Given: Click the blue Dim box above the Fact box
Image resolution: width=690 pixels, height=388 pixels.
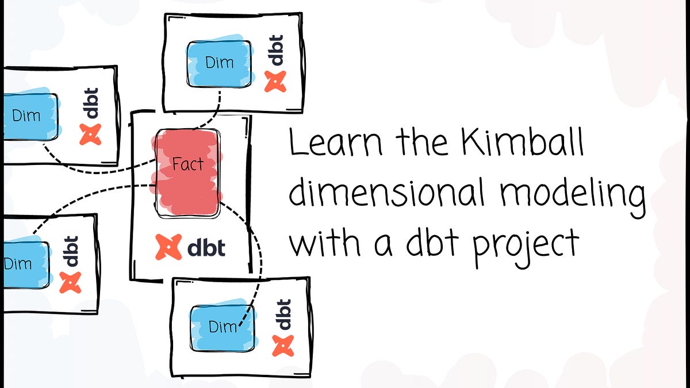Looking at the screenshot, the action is (219, 62).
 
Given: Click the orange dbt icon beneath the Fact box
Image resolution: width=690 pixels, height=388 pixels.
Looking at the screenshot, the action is (168, 247).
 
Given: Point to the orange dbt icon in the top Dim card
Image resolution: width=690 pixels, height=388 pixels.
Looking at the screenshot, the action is (274, 81).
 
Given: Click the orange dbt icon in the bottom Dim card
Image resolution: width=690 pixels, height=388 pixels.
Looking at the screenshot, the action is (283, 345).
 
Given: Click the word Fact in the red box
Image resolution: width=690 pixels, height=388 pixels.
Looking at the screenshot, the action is (187, 164).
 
